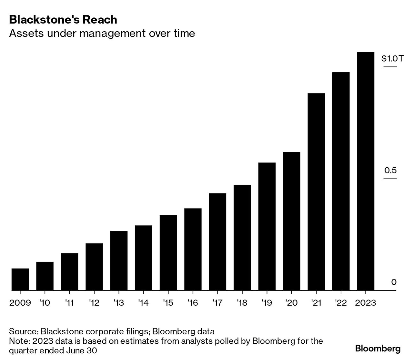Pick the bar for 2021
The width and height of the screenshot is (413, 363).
pyautogui.click(x=316, y=192)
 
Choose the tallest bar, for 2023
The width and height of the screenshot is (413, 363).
pyautogui.click(x=366, y=171)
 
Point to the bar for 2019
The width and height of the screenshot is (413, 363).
pyautogui.click(x=267, y=226)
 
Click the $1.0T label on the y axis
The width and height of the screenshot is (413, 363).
pyautogui.click(x=392, y=58)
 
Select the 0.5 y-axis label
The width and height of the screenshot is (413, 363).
pyautogui.click(x=390, y=170)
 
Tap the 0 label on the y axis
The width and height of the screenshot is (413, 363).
pyautogui.click(x=394, y=282)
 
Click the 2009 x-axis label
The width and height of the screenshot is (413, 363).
pyautogui.click(x=20, y=303)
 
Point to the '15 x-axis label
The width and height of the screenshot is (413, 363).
pyautogui.click(x=168, y=303)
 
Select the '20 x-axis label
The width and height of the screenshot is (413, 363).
pyautogui.click(x=291, y=303)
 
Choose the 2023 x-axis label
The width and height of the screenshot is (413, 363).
pyautogui.click(x=366, y=303)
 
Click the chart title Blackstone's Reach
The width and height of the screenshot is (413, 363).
pyautogui.click(x=63, y=20)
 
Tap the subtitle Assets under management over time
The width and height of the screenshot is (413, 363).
pyautogui.click(x=102, y=33)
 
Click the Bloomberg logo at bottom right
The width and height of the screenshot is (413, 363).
pyautogui.click(x=378, y=348)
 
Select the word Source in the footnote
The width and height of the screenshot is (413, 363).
pyautogui.click(x=23, y=331)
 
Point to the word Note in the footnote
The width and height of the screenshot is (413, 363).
pyautogui.click(x=19, y=341)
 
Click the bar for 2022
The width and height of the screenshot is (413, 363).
pyautogui.click(x=341, y=181)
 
